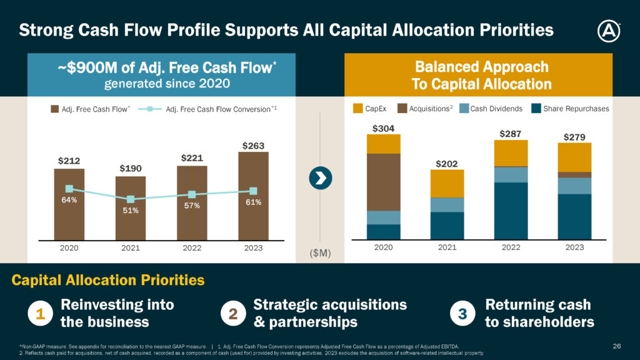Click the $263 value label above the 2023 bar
[253, 146]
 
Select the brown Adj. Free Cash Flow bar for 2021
[131, 208]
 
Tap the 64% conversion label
[69, 199]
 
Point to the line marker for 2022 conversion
[192, 194]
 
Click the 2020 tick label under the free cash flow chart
[69, 247]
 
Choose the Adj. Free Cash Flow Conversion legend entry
[207, 109]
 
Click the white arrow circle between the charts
[321, 178]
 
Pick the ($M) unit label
[321, 253]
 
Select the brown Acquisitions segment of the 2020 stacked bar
[384, 182]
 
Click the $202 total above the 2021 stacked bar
[446, 164]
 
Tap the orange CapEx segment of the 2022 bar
[511, 153]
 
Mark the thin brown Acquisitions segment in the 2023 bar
[575, 175]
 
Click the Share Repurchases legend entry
[570, 109]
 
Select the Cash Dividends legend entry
[491, 109]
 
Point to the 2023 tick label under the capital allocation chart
[575, 247]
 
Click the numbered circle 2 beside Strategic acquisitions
[233, 314]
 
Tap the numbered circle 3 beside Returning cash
[462, 314]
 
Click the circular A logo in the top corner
[609, 31]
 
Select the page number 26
[617, 346]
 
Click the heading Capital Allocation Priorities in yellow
[108, 280]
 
